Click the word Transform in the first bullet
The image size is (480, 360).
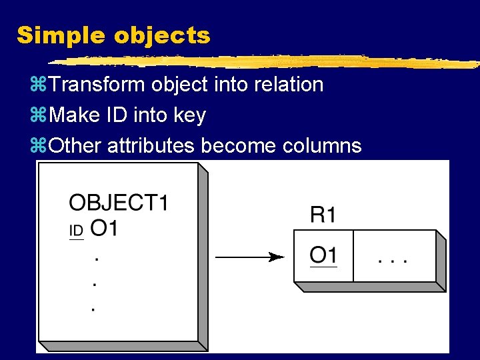(97, 85)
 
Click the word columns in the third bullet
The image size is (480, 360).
(319, 145)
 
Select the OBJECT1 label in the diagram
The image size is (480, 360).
(119, 202)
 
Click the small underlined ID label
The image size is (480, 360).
(76, 231)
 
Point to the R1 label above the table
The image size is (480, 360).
(323, 215)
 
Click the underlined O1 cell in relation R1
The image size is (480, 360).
(323, 255)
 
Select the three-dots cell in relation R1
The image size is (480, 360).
(393, 257)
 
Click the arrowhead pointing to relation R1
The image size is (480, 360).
(275, 257)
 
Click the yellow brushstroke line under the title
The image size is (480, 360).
(267, 62)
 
